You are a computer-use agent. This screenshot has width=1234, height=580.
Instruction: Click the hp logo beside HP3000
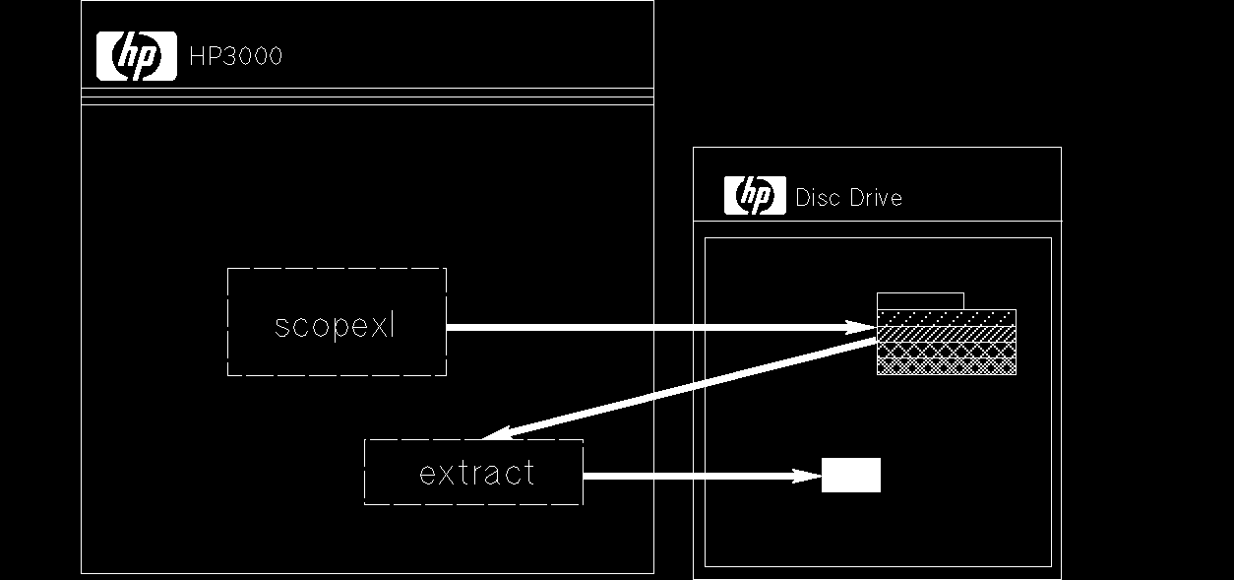(136, 56)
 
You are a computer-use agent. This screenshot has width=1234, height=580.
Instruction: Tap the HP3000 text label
(235, 56)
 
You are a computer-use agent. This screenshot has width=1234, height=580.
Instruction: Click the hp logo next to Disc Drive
(755, 195)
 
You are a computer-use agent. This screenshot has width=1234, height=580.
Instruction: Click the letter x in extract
(444, 474)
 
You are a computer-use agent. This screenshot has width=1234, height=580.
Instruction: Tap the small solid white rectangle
(851, 475)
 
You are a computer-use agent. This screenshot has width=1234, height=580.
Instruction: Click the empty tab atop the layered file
(920, 301)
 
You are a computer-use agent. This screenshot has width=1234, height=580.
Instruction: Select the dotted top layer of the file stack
(946, 317)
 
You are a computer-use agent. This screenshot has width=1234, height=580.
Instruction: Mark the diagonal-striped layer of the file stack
(946, 334)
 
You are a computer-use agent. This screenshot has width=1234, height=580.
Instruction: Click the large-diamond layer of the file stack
(946, 351)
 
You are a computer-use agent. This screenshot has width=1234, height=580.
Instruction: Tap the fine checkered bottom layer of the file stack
(946, 366)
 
